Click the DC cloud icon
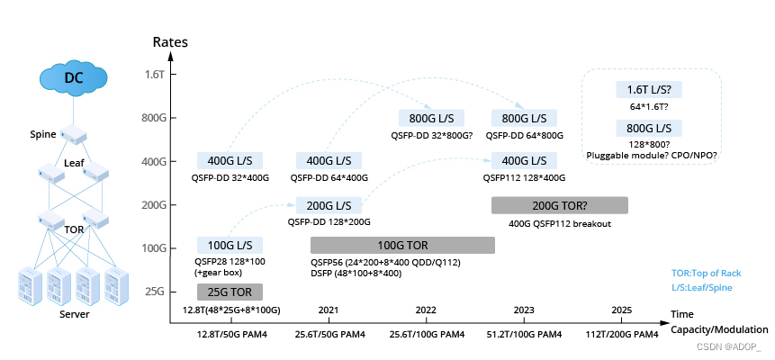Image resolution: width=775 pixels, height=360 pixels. coord(73,77)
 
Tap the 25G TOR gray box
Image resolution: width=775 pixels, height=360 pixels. coord(230,292)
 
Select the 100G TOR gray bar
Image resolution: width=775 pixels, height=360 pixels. coord(402,245)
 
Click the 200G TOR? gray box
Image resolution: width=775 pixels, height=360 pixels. coord(559,204)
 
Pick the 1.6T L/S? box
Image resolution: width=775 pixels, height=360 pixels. coord(648,90)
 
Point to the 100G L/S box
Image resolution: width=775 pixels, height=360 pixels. coord(230,245)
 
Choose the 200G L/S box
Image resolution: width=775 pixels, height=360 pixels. coord(329,204)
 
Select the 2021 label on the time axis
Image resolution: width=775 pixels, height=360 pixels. coord(329,310)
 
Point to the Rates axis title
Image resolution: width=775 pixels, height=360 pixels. coord(170,41)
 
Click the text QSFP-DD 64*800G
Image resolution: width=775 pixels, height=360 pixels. coord(525,136)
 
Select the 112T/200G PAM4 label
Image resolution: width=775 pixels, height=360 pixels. coord(622,335)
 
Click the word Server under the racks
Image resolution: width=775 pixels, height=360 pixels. coord(74,314)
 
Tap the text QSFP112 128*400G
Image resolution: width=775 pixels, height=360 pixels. coord(526,178)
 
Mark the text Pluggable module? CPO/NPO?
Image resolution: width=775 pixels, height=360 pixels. coord(652,155)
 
